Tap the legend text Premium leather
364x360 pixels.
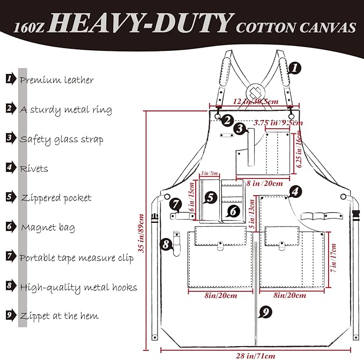(x=57, y=80)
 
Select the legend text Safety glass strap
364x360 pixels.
(x=61, y=139)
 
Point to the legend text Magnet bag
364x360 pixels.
(x=48, y=228)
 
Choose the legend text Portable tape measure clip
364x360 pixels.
(x=77, y=258)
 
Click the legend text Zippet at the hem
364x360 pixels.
(x=59, y=316)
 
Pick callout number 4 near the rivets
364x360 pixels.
(x=294, y=191)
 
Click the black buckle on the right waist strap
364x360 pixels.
(x=355, y=216)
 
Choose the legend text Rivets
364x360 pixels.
(x=34, y=169)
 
